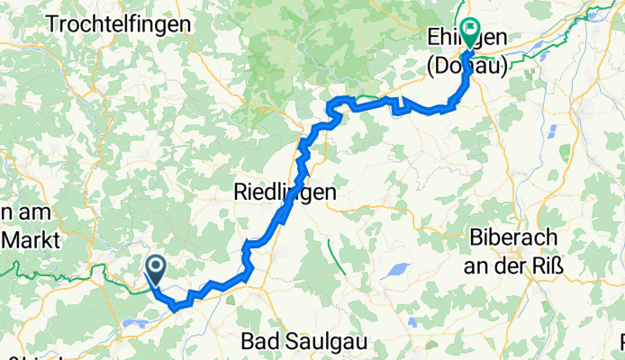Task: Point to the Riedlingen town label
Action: coord(285,192)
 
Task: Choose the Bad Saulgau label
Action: coord(299,342)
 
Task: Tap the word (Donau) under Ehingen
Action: coord(466,66)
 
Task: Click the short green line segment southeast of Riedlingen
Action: coord(337,257)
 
